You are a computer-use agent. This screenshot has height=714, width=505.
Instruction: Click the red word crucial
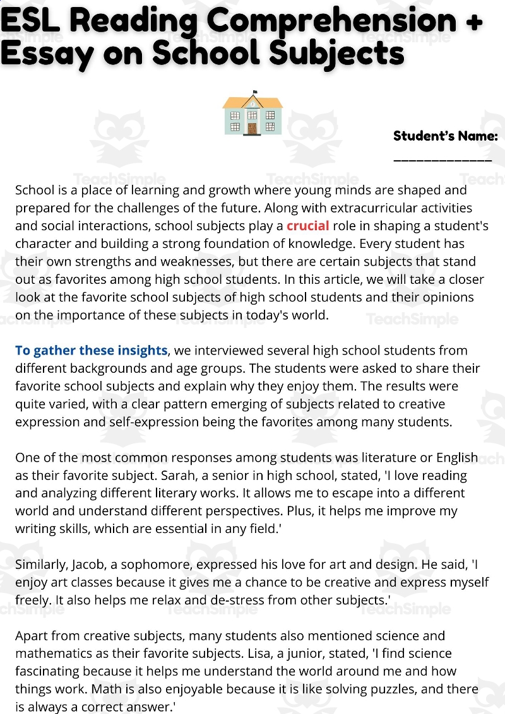click(308, 226)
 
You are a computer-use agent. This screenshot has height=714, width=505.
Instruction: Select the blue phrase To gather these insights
click(92, 351)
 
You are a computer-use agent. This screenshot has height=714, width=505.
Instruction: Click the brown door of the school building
click(252, 128)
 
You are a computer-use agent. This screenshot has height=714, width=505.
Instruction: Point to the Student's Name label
click(445, 136)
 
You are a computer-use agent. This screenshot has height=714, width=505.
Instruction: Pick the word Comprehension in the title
click(331, 21)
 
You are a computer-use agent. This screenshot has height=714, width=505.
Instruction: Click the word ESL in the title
click(30, 21)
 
